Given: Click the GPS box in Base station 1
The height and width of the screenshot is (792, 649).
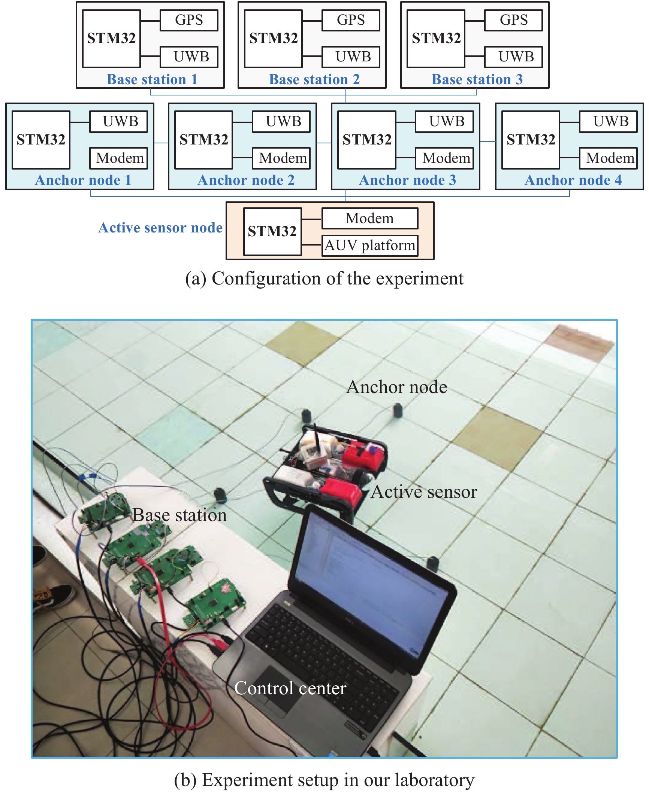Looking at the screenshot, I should (x=189, y=20).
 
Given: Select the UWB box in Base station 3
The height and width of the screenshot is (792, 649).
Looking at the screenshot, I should (x=513, y=57).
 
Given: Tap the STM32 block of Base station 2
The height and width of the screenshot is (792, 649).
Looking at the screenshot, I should (x=273, y=39).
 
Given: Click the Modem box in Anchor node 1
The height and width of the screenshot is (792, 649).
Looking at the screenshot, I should (x=118, y=158).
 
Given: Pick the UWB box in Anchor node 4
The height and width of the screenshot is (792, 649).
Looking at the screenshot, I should (x=608, y=122).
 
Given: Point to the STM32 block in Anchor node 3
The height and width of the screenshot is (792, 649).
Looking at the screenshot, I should (x=366, y=140).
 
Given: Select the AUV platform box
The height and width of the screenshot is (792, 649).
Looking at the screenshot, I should (x=369, y=246).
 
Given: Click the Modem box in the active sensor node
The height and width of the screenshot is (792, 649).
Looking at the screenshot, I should (x=369, y=219).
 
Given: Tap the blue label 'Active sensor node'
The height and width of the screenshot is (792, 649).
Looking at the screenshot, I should (x=160, y=228).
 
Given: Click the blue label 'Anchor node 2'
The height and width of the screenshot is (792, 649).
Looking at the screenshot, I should (x=246, y=180).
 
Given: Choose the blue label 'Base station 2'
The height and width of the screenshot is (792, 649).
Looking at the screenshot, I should (x=314, y=79).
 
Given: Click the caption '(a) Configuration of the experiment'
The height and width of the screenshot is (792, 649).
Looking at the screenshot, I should (x=324, y=279).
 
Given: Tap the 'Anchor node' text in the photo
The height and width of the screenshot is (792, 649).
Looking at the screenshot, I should (x=396, y=387).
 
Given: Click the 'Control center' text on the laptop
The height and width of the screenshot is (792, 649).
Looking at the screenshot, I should (x=290, y=688).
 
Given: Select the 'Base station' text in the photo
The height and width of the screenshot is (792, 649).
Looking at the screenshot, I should (x=179, y=515).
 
